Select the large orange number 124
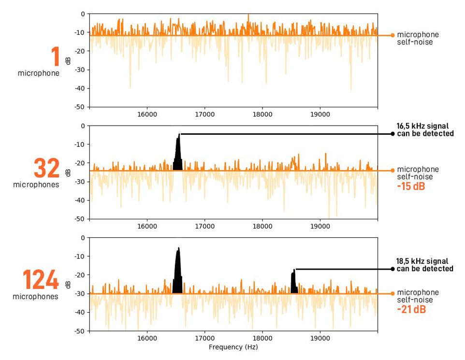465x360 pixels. [x=41, y=280]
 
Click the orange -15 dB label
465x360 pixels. [x=411, y=186]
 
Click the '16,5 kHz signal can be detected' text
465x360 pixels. [x=425, y=130]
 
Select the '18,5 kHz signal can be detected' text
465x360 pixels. [x=425, y=265]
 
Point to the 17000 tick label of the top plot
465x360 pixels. [x=204, y=115]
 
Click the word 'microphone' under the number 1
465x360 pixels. [x=39, y=73]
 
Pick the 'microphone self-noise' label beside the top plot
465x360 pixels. [x=418, y=38]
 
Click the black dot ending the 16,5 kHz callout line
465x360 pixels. [x=392, y=134]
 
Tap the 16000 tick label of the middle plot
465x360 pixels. [x=147, y=226]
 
